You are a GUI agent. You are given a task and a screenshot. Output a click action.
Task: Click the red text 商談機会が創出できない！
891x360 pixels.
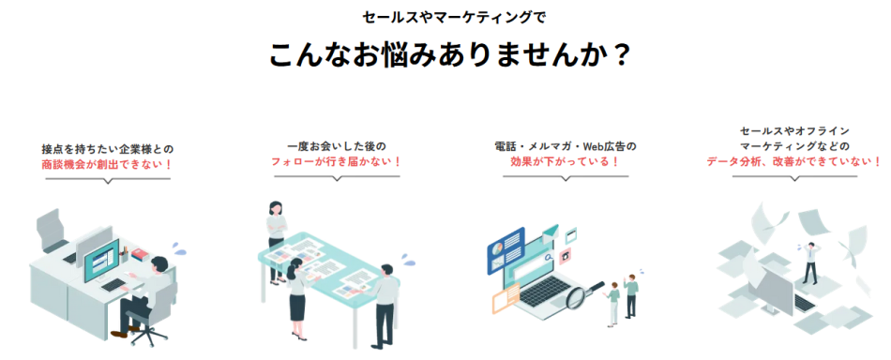click(108, 164)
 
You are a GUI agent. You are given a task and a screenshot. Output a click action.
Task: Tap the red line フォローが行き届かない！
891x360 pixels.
click(331, 161)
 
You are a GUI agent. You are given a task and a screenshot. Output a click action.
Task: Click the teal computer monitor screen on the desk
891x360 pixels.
click(102, 257)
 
